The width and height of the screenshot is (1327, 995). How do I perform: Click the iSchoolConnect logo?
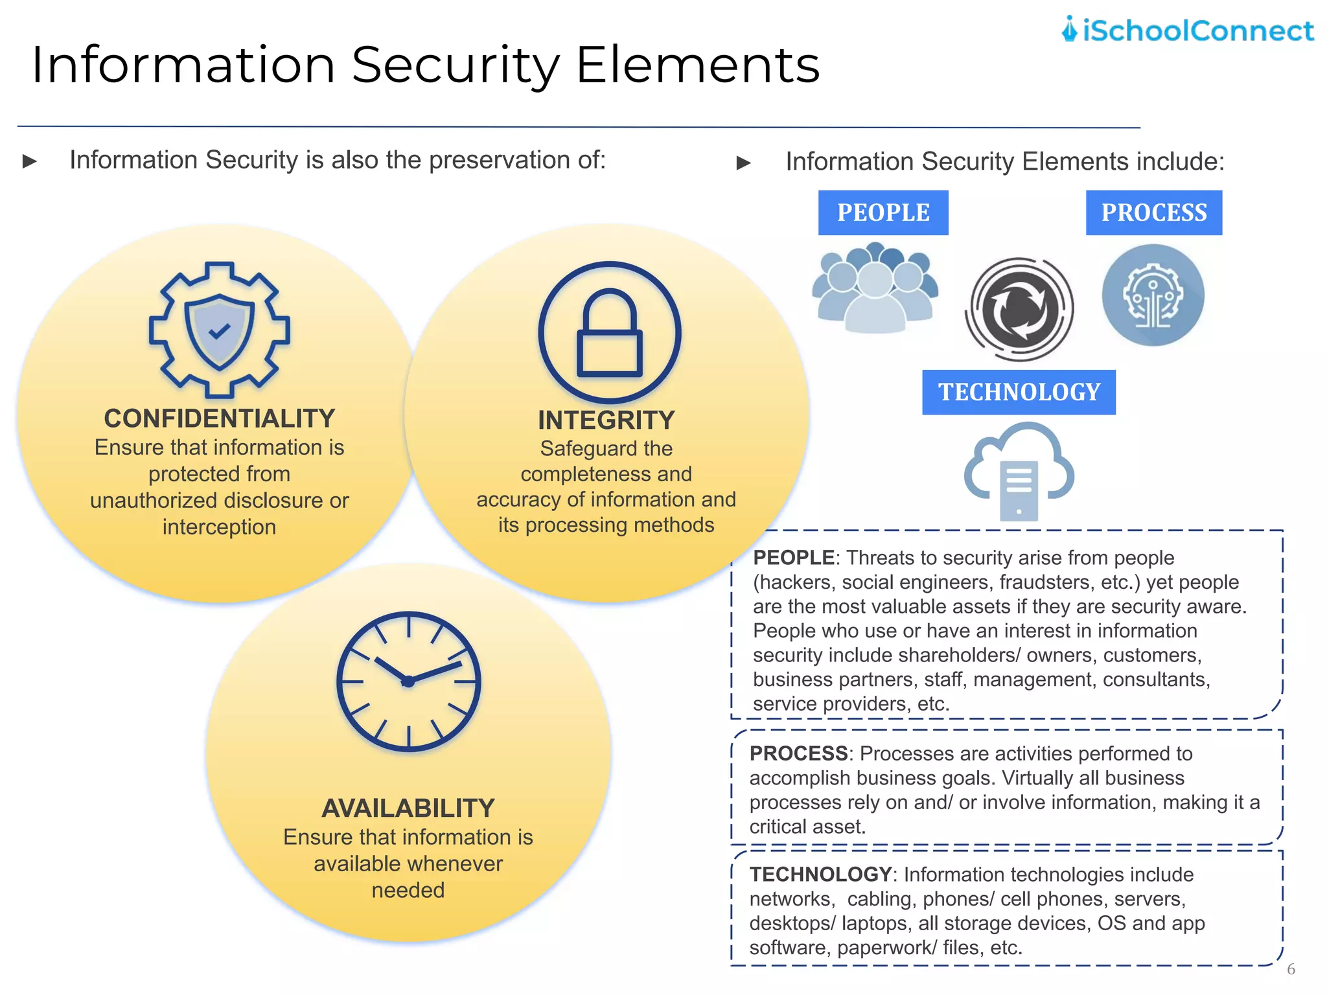coord(1187,30)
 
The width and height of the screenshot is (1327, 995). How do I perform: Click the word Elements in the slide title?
coord(698,65)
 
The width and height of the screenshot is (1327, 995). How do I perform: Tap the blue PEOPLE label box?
coord(883,212)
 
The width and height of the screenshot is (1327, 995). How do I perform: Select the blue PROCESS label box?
coord(1153,212)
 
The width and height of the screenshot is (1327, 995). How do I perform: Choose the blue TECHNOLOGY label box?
coord(1019,392)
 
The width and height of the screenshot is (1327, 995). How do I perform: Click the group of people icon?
coord(875,288)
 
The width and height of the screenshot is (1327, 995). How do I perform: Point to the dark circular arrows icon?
coord(1019,309)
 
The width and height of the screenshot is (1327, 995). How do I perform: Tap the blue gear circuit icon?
coord(1153,295)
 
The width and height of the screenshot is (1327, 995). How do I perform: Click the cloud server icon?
coord(1019,472)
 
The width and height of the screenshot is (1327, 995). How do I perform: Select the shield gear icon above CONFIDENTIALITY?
coord(219,329)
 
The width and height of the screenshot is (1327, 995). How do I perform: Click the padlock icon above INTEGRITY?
coord(609,332)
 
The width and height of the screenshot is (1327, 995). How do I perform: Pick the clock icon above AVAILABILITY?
coord(408,681)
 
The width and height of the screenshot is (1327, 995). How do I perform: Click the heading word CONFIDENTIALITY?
coord(219,418)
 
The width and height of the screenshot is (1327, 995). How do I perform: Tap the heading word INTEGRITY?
coord(606,420)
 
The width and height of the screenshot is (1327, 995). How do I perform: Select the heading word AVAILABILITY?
coord(408,808)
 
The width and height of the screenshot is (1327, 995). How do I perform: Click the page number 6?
coord(1291,969)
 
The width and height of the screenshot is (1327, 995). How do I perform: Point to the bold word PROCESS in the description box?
coord(798,753)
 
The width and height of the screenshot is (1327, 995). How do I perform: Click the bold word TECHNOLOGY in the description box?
coord(820,875)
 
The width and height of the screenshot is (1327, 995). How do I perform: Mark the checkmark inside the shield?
coord(219,331)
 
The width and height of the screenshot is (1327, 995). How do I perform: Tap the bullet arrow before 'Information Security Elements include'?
coord(743,163)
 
